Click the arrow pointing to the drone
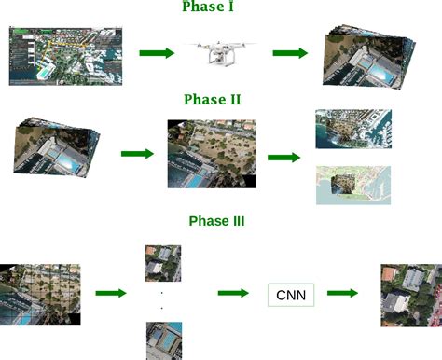click(156, 52)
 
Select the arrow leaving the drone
click(290, 52)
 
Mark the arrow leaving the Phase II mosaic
click(284, 157)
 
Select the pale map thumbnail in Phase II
click(352, 185)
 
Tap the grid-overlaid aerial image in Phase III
click(41, 293)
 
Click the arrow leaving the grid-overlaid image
click(110, 293)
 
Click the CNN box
click(291, 295)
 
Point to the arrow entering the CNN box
click(233, 293)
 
